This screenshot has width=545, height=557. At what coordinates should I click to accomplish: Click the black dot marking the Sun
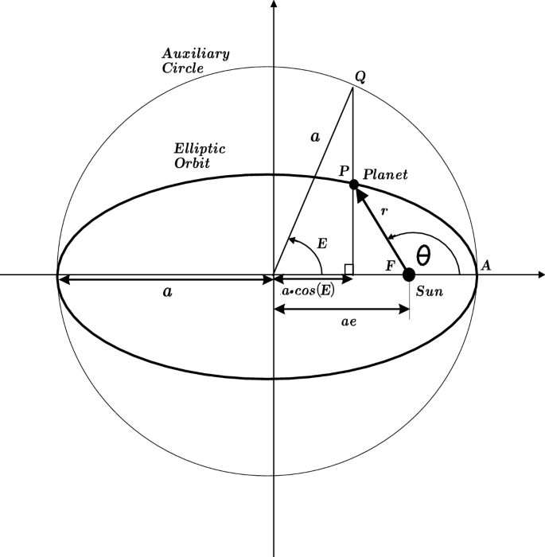pyautogui.click(x=409, y=275)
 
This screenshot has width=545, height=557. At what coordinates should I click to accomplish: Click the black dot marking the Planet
pyautogui.click(x=353, y=185)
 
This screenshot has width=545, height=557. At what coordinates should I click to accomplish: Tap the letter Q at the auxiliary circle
pyautogui.click(x=360, y=76)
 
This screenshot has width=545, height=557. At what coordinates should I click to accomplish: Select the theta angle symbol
pyautogui.click(x=424, y=255)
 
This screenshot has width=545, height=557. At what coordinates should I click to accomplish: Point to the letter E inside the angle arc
pyautogui.click(x=321, y=243)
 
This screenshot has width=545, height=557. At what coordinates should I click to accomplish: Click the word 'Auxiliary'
pyautogui.click(x=196, y=54)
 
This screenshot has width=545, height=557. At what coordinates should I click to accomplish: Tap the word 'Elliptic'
pyautogui.click(x=200, y=149)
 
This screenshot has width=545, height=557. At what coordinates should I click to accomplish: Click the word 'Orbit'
pyautogui.click(x=192, y=163)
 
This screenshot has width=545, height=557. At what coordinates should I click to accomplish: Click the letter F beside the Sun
pyautogui.click(x=390, y=265)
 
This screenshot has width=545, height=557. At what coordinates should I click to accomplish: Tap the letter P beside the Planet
pyautogui.click(x=343, y=171)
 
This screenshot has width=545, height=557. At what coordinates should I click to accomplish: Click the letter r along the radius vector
pyautogui.click(x=383, y=212)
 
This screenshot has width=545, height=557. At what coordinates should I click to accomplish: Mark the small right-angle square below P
pyautogui.click(x=348, y=270)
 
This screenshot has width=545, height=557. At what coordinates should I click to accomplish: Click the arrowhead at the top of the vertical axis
pyautogui.click(x=274, y=5)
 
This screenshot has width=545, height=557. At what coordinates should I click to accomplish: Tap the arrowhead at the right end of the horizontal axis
pyautogui.click(x=540, y=275)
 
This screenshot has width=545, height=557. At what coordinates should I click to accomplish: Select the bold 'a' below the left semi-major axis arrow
pyautogui.click(x=167, y=292)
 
